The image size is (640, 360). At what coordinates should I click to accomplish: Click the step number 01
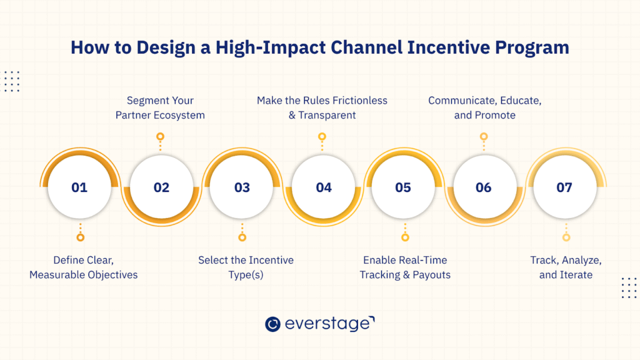[79, 187]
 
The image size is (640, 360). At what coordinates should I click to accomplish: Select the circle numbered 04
[324, 187]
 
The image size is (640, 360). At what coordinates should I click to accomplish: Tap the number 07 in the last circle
[564, 187]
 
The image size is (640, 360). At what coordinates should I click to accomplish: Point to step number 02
[161, 187]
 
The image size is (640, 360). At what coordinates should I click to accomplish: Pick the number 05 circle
[403, 187]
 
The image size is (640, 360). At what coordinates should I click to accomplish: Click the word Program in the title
[532, 48]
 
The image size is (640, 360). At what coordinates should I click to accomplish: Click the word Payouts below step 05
[431, 275]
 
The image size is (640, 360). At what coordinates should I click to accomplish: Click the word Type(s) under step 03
[246, 275]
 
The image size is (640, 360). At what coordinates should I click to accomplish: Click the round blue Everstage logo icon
[272, 324]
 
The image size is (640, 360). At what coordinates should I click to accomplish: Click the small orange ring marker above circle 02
[161, 136]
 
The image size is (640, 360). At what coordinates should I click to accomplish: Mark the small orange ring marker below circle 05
[405, 237]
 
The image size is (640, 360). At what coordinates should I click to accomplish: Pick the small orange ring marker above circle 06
[484, 136]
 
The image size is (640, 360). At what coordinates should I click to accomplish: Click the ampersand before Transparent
[292, 116]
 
